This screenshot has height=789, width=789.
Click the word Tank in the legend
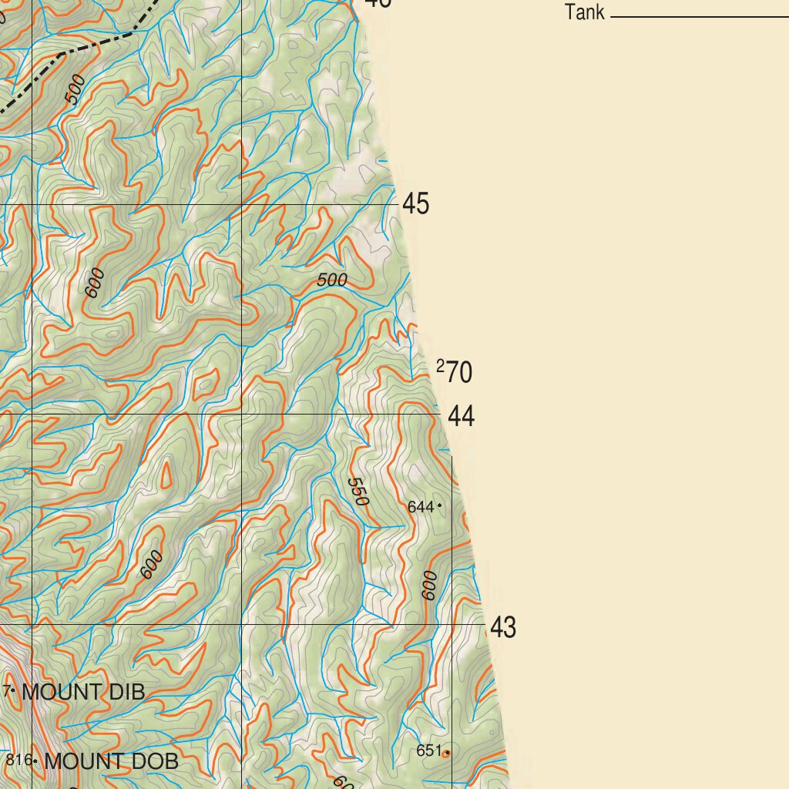(x=585, y=12)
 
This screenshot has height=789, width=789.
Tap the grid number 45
(x=416, y=205)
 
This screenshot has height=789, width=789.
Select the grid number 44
(x=461, y=417)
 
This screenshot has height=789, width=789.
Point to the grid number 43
(x=503, y=628)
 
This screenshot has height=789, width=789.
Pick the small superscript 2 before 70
(x=440, y=366)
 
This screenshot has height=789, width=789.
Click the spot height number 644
(x=420, y=507)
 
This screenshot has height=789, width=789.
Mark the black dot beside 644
(x=439, y=505)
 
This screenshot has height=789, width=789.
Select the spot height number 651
(x=428, y=750)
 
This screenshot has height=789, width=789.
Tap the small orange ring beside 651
(x=446, y=753)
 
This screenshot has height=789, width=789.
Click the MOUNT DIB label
(x=82, y=692)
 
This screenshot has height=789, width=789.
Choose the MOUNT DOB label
(x=111, y=762)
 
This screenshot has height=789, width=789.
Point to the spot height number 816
(x=18, y=760)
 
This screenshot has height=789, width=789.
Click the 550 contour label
(x=358, y=492)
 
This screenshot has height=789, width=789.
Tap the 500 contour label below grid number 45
(x=332, y=280)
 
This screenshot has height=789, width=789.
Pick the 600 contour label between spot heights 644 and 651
(x=430, y=586)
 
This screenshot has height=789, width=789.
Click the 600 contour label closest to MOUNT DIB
(x=152, y=564)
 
